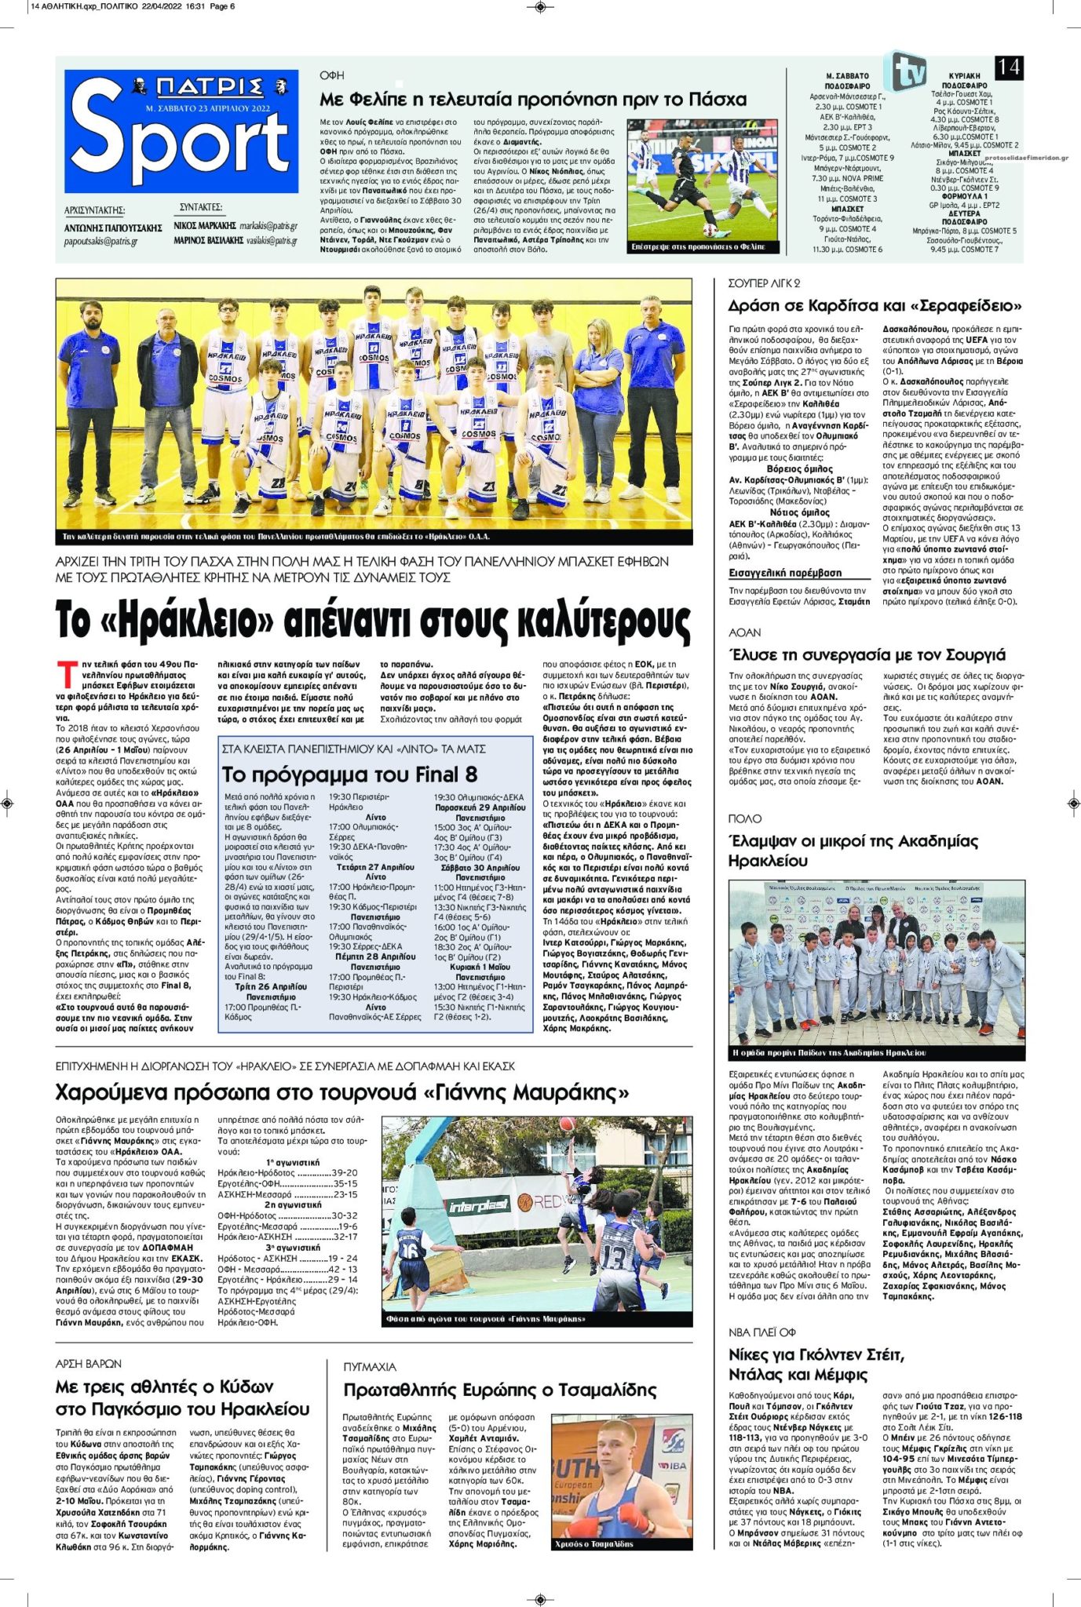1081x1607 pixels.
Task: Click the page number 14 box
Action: [1009, 68]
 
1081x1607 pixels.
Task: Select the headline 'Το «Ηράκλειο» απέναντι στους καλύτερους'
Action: [373, 621]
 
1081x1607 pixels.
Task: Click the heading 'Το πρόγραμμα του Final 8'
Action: [349, 774]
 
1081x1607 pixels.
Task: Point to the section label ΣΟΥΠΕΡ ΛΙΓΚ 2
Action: [764, 283]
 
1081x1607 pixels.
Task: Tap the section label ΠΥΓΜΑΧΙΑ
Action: [370, 1366]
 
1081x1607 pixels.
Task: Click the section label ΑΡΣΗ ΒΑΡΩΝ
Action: [89, 1364]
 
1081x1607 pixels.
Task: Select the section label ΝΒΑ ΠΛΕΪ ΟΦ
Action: [761, 1332]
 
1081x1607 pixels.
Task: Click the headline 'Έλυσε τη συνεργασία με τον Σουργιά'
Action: [867, 655]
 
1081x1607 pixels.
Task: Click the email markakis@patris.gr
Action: [268, 226]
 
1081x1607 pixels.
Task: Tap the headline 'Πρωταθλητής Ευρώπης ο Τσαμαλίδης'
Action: [499, 1390]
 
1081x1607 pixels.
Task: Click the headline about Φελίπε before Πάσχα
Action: [533, 100]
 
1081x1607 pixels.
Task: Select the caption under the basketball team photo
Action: [276, 537]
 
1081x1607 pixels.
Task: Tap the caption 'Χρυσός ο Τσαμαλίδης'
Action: [593, 1543]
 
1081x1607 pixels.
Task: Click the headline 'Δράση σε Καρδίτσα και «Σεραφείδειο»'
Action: [875, 305]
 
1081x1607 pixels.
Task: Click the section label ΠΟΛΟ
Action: [744, 818]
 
